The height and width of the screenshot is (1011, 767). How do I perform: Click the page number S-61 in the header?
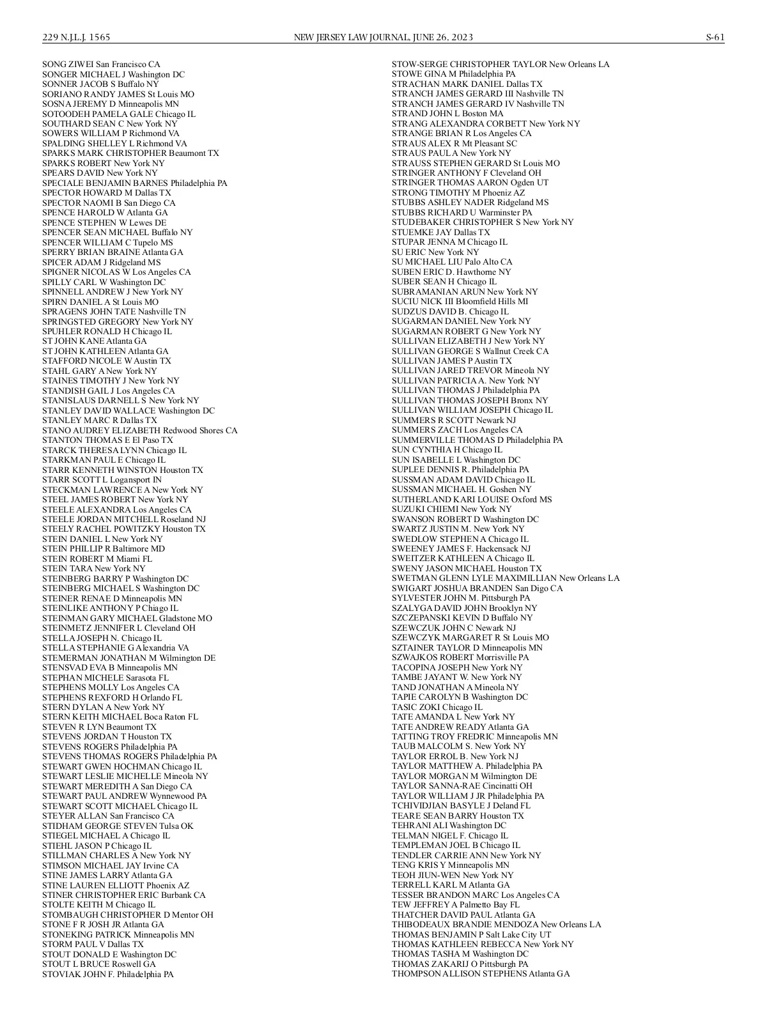(x=715, y=37)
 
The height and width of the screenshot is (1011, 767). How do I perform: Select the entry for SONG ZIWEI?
(x=101, y=65)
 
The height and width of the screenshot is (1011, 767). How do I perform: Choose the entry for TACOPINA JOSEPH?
(x=456, y=667)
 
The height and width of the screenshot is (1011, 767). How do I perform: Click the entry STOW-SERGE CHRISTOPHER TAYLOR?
(x=500, y=65)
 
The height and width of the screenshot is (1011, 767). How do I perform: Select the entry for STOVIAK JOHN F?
(x=107, y=974)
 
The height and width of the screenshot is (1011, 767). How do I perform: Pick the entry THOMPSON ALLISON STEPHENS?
(x=480, y=973)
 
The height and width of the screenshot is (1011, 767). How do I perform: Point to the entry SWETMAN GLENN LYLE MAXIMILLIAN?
(x=505, y=578)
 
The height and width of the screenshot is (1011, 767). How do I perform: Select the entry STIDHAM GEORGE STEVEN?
(x=117, y=826)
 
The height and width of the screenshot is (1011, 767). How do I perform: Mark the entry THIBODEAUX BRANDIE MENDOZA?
(x=496, y=924)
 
